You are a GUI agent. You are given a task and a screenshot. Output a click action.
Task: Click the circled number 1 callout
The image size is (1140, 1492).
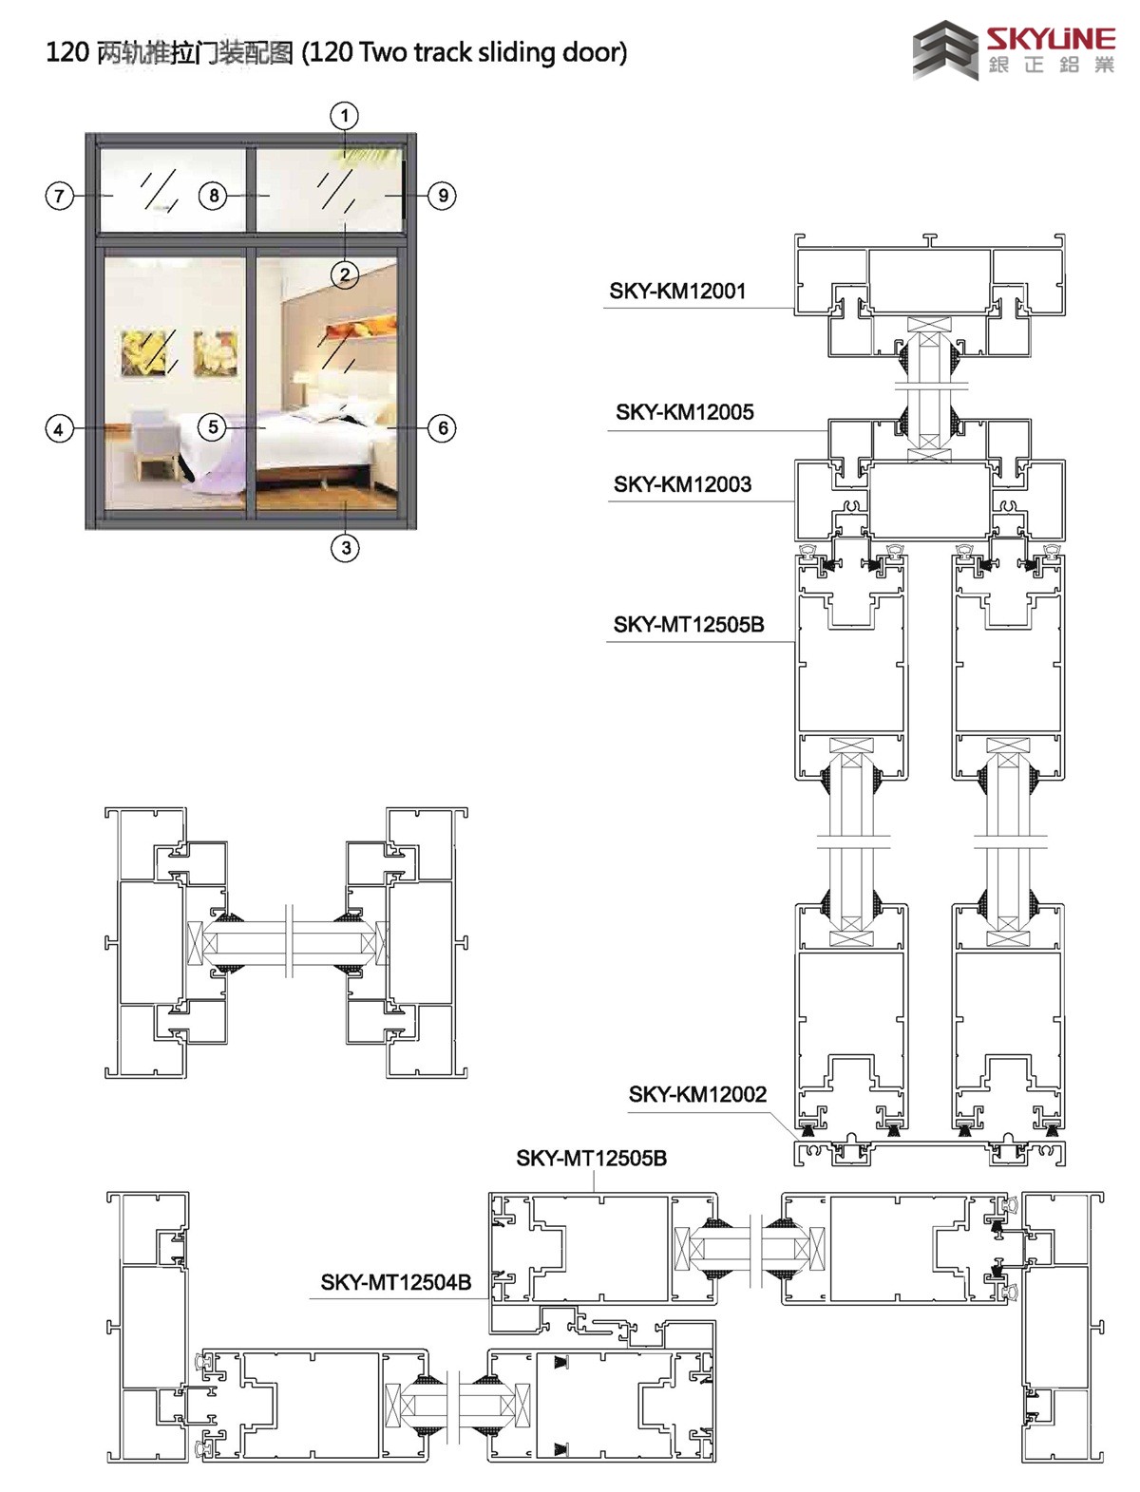coord(345,116)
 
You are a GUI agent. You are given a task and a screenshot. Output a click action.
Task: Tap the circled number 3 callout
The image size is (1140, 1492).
coord(346,547)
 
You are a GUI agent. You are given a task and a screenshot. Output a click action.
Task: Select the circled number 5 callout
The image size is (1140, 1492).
coord(213,426)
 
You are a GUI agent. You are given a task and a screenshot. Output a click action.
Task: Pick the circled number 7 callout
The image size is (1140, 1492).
coord(59,197)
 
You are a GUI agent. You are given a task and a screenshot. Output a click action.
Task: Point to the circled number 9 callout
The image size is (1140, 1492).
coord(443,196)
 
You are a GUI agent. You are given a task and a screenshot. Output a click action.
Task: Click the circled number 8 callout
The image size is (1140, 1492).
coord(214,196)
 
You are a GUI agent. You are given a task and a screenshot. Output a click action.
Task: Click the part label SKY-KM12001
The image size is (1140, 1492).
coord(677,291)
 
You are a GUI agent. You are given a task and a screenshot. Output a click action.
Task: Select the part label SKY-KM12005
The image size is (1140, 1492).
coord(685,412)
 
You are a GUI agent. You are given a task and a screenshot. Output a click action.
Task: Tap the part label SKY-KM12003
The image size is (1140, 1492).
coord(682,484)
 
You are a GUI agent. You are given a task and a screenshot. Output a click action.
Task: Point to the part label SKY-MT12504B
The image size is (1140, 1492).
coord(396,1282)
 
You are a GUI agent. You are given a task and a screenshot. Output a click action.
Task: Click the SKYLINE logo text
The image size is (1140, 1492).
coord(1051,39)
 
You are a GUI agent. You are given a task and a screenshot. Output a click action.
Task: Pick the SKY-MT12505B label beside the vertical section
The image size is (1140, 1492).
coord(689,625)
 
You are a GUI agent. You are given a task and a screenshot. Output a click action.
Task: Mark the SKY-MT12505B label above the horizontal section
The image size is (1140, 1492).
coord(592,1159)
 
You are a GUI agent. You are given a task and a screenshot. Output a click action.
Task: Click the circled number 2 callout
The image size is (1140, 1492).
coord(345,274)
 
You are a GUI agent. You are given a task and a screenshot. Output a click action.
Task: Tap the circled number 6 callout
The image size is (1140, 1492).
coord(443,427)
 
